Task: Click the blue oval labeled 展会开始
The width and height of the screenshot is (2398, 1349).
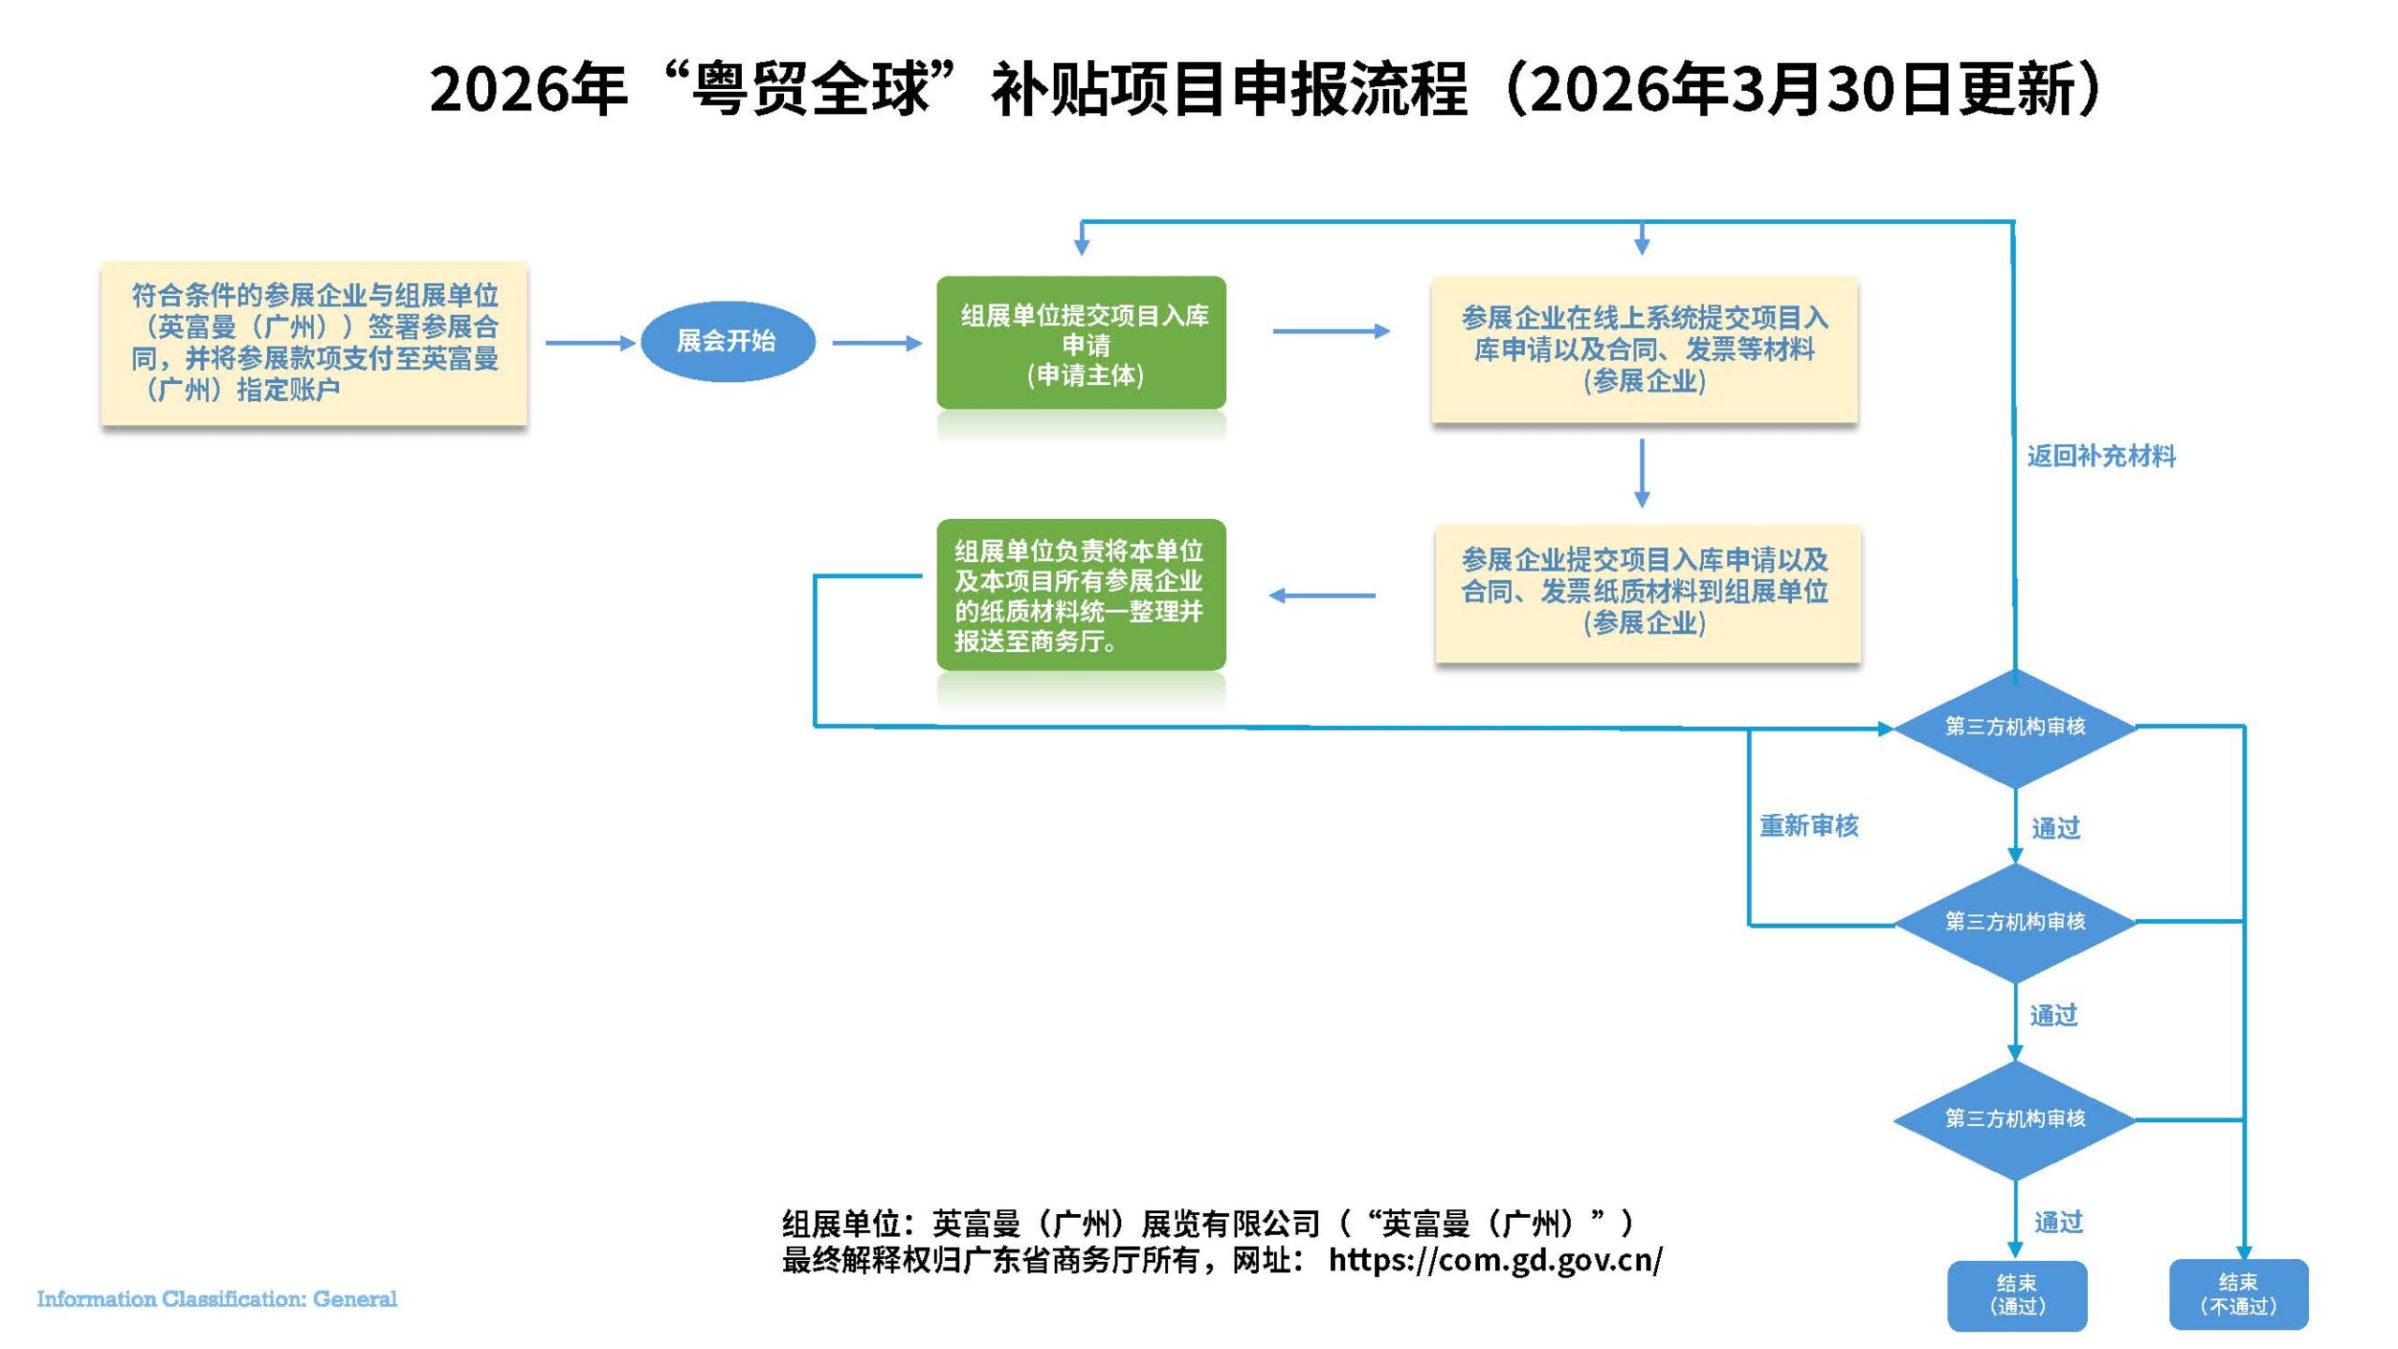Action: [727, 341]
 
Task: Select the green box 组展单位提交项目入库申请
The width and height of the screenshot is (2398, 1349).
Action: [1081, 343]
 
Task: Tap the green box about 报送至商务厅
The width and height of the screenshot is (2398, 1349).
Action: [1081, 595]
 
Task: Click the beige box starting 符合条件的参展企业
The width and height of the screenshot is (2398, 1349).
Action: [314, 343]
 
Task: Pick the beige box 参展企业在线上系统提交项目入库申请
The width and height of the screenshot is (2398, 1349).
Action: [1644, 348]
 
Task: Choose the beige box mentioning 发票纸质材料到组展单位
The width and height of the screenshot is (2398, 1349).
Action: [1646, 592]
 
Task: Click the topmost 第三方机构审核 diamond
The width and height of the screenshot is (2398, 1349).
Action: [2015, 727]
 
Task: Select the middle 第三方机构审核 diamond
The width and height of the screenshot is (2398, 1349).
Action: [2015, 922]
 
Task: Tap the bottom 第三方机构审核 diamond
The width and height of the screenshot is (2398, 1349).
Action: [2015, 1119]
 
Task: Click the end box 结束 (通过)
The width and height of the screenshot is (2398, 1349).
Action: [2017, 1295]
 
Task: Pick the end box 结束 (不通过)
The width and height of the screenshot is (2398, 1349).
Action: [2238, 1295]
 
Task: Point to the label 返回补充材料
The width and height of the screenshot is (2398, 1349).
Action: [2101, 456]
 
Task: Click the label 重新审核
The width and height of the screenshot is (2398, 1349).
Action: [1808, 825]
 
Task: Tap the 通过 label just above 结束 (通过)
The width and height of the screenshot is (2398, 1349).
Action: [2058, 1222]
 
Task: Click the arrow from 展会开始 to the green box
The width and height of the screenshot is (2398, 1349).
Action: [876, 343]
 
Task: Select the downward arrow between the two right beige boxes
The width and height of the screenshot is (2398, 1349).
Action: [1642, 473]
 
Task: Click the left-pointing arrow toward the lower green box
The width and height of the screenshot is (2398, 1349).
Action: [1322, 596]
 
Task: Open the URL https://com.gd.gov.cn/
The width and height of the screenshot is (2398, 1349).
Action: [1495, 1260]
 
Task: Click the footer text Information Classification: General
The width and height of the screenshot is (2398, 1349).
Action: [216, 1299]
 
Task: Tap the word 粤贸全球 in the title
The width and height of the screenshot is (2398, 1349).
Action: [811, 90]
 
